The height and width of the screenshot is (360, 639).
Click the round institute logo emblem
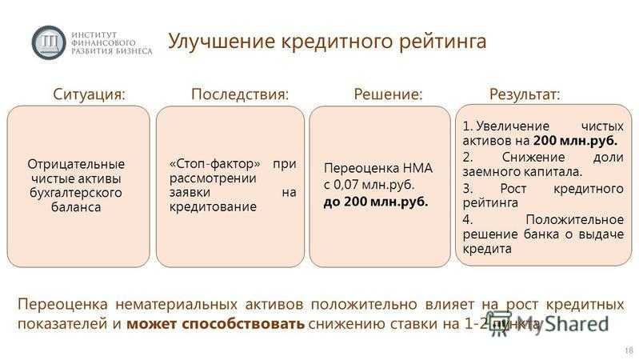(x=49, y=42)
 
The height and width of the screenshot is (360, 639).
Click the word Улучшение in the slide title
(x=222, y=41)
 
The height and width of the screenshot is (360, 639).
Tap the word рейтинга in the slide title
(x=442, y=42)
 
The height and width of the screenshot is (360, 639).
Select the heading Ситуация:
(x=90, y=94)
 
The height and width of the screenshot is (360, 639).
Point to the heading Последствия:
(x=240, y=94)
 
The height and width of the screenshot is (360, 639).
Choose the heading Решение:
(x=388, y=94)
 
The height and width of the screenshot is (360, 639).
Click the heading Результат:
(x=525, y=94)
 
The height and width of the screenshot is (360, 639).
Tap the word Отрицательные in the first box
(x=76, y=164)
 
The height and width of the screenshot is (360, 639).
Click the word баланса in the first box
(x=76, y=206)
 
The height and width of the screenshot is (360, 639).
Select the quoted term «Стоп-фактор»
(x=215, y=163)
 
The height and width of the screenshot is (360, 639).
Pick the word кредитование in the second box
(x=213, y=206)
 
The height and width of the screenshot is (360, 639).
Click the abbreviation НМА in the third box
(x=417, y=168)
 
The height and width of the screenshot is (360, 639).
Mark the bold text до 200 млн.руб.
(x=376, y=202)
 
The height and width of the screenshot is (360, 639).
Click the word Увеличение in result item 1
(x=513, y=126)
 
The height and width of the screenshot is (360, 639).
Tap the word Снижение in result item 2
(x=533, y=157)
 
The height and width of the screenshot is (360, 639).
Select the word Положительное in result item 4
(x=574, y=220)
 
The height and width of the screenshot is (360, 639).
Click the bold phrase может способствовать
(x=216, y=324)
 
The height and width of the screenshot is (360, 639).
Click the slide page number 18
(x=629, y=350)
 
